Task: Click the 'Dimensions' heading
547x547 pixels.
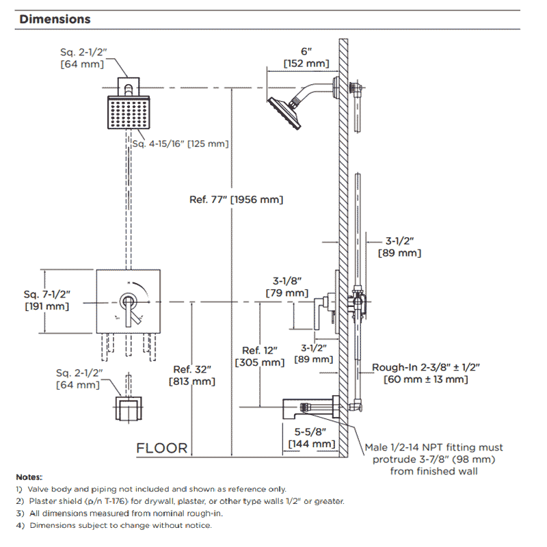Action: (55, 19)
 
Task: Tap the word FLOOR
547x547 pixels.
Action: (162, 449)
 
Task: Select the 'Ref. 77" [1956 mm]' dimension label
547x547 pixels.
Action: (236, 200)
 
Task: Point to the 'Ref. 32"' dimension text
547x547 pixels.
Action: (192, 369)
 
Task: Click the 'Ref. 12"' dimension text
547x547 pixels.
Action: (260, 351)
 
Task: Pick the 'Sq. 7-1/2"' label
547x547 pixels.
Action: (46, 295)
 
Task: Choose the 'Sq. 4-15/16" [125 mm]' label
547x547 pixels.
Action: (181, 144)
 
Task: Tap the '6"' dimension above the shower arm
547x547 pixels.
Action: (306, 52)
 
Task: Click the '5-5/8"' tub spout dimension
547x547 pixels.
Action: (310, 432)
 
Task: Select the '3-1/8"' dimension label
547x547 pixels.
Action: (287, 281)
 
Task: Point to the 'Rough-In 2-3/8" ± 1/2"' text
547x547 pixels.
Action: (426, 367)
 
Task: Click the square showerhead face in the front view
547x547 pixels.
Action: (129, 113)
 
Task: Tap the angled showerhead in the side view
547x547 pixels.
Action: (284, 113)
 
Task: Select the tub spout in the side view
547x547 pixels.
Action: (310, 407)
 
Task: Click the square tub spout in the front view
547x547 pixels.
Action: (129, 408)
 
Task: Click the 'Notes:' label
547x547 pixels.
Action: (29, 477)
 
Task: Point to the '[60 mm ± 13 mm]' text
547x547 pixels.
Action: (425, 379)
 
